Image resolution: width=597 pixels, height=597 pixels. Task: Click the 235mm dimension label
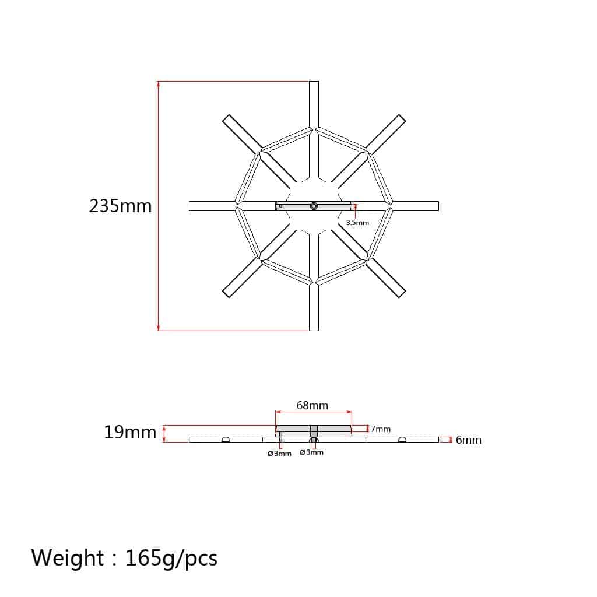click(120, 206)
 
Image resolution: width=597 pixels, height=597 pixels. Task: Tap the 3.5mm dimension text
click(357, 222)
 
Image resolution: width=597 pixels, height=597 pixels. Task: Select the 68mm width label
click(312, 406)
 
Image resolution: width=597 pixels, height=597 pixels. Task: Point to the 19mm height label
click(130, 433)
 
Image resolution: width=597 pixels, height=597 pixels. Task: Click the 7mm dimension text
click(381, 429)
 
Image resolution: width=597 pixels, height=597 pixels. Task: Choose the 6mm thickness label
click(469, 440)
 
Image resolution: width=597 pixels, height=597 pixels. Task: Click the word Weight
click(68, 558)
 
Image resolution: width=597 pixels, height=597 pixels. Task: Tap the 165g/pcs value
click(171, 559)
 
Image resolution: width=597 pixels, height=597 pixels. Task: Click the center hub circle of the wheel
click(314, 206)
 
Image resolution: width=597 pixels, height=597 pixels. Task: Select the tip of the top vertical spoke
click(314, 82)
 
